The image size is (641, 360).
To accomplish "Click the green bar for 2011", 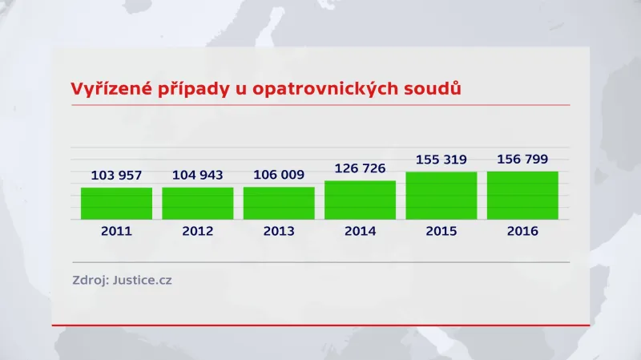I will pos(116,203).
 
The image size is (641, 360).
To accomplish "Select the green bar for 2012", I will pos(197,203).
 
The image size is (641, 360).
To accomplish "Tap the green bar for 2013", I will pos(279,203).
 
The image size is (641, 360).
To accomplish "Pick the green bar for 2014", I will pos(360,200).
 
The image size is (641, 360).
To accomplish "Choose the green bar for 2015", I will pos(441,195).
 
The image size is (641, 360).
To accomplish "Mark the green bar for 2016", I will pos(522,195).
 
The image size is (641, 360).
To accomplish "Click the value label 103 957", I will pos(116,175).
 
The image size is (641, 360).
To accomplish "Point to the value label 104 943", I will pos(197,175).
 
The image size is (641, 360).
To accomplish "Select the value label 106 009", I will pos(279,175).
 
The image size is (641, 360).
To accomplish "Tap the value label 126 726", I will pos(360,168).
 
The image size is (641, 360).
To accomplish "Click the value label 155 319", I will pos(441,160).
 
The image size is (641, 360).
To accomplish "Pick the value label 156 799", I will pos(522,159).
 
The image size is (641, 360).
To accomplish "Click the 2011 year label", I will pos(116,231).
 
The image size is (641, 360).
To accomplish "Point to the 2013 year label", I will pos(279,231).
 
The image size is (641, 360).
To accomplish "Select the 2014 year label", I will pos(360,231).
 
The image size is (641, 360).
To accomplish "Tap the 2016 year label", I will pos(522,231).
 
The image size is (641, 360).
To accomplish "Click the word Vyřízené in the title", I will pos(110,88).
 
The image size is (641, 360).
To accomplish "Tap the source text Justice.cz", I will pos(142,281).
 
